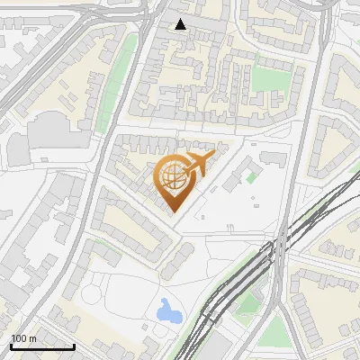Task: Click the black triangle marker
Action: [181, 24]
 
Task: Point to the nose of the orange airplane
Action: [212, 156]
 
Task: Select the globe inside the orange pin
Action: [173, 177]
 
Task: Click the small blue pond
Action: [168, 312]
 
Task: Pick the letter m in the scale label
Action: [32, 338]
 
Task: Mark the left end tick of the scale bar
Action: [11, 346]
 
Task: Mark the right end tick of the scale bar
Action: [74, 346]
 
